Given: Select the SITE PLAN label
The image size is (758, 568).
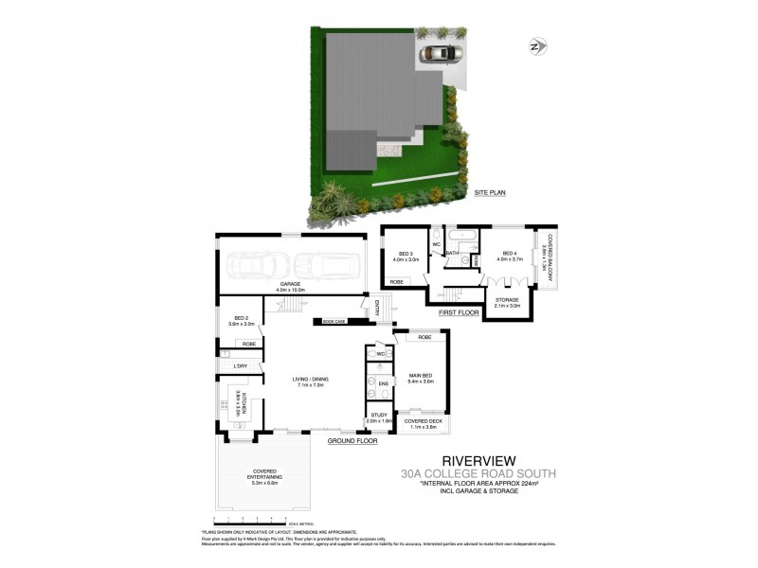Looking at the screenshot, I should (491, 192).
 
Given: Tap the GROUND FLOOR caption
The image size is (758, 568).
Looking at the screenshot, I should (353, 441).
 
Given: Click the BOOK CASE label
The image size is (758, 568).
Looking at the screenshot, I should (334, 322).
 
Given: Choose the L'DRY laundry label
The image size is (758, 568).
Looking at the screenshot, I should (240, 365).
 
